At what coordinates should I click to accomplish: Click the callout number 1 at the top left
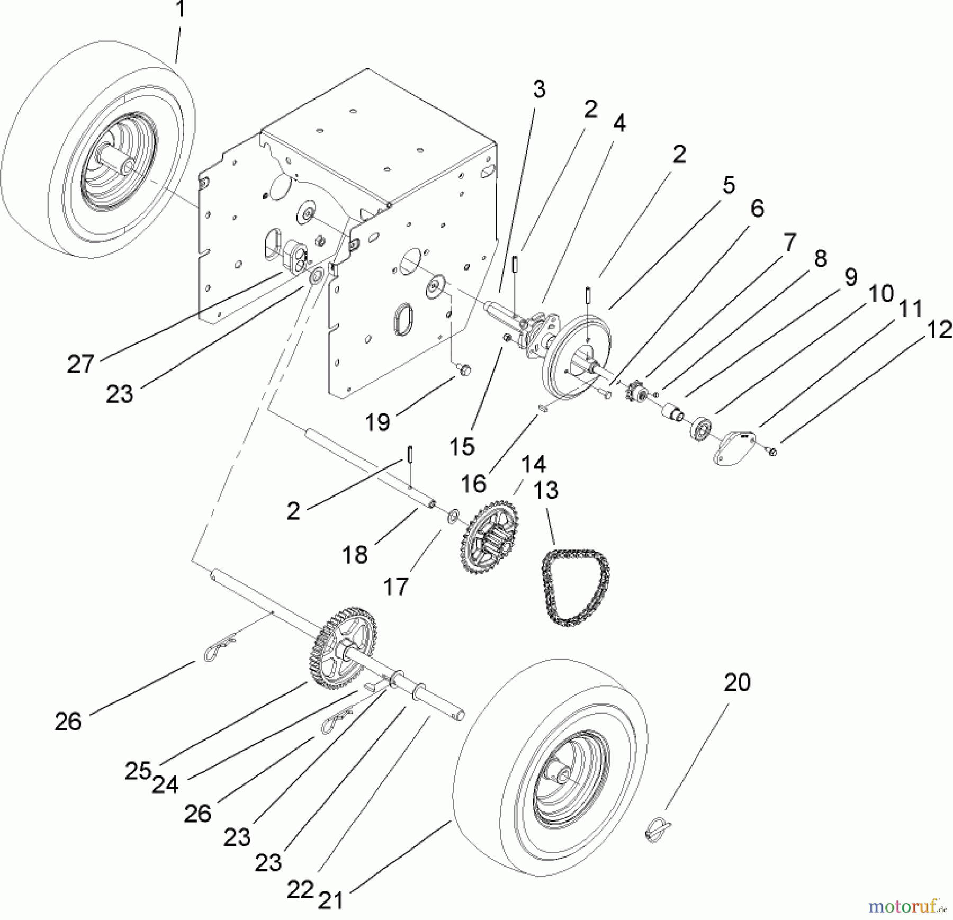pos(181,10)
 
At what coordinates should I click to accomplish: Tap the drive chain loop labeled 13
pos(574,589)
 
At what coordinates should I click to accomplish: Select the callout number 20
pos(737,682)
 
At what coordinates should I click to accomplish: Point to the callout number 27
pos(80,365)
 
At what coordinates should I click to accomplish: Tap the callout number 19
pos(377,422)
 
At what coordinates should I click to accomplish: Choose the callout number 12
pos(939,331)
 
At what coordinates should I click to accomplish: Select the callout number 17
pos(396,586)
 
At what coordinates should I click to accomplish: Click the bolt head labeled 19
pos(464,369)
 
